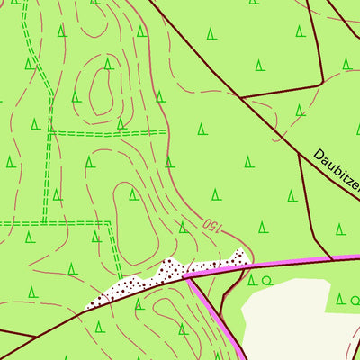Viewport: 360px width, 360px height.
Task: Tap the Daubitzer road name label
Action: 337,173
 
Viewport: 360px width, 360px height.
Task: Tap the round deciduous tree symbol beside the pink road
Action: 266,281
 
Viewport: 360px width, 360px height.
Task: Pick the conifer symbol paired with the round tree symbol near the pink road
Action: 252,281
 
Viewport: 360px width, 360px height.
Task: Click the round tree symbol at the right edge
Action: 355,300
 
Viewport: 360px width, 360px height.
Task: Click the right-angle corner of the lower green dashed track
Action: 110,222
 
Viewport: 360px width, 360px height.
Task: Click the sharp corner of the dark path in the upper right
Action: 322,83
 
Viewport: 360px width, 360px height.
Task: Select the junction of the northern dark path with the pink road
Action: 333,260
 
